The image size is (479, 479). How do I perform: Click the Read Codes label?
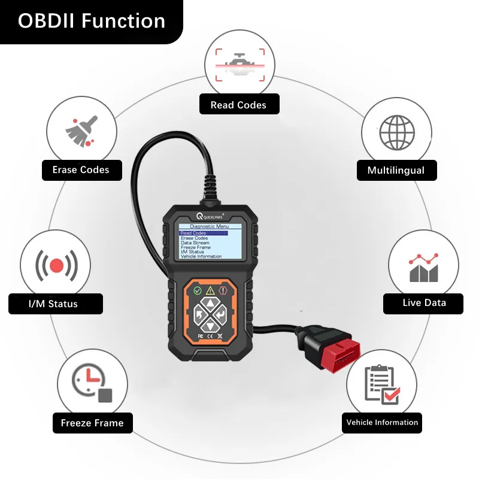238,105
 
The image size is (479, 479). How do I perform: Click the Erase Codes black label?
81,170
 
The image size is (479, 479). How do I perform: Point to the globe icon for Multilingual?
397,131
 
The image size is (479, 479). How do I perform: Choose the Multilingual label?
395,171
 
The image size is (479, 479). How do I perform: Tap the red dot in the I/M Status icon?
56,265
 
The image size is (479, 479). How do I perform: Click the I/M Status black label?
55,304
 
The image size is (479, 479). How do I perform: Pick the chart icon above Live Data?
423,267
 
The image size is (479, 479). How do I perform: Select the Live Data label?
424,303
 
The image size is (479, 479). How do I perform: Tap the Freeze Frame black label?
92,423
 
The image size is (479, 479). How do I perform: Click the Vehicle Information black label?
382,422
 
